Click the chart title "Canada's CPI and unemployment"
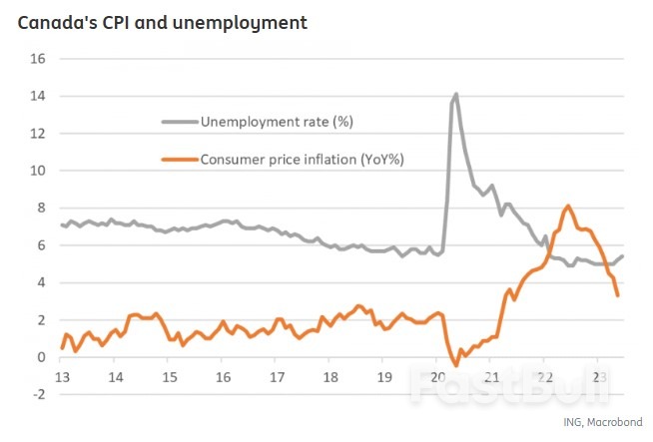point(161,22)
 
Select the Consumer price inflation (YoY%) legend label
point(301,159)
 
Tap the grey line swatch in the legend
point(180,122)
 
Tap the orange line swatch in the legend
point(180,159)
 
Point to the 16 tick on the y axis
point(39,59)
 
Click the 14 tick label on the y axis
point(39,96)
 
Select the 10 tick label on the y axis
point(39,171)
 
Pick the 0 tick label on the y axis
point(42,357)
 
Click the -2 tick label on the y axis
point(39,394)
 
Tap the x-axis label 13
point(62,378)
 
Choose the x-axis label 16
point(223,378)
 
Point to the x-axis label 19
point(384,378)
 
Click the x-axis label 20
point(438,378)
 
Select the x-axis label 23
point(597,378)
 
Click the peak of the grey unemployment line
point(456,94)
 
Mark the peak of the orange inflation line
point(568,206)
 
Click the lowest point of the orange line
point(456,365)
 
